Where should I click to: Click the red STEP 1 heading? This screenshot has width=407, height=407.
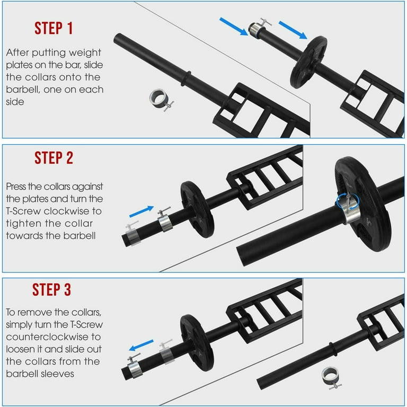click(x=54, y=28)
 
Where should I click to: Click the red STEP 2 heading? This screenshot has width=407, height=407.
click(x=54, y=157)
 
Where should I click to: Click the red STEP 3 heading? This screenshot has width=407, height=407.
click(x=51, y=289)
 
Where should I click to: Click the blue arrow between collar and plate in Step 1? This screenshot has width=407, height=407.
click(x=292, y=30)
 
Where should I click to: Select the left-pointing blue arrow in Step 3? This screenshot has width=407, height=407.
click(x=141, y=346)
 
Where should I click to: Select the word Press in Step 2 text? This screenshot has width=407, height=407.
click(x=17, y=187)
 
